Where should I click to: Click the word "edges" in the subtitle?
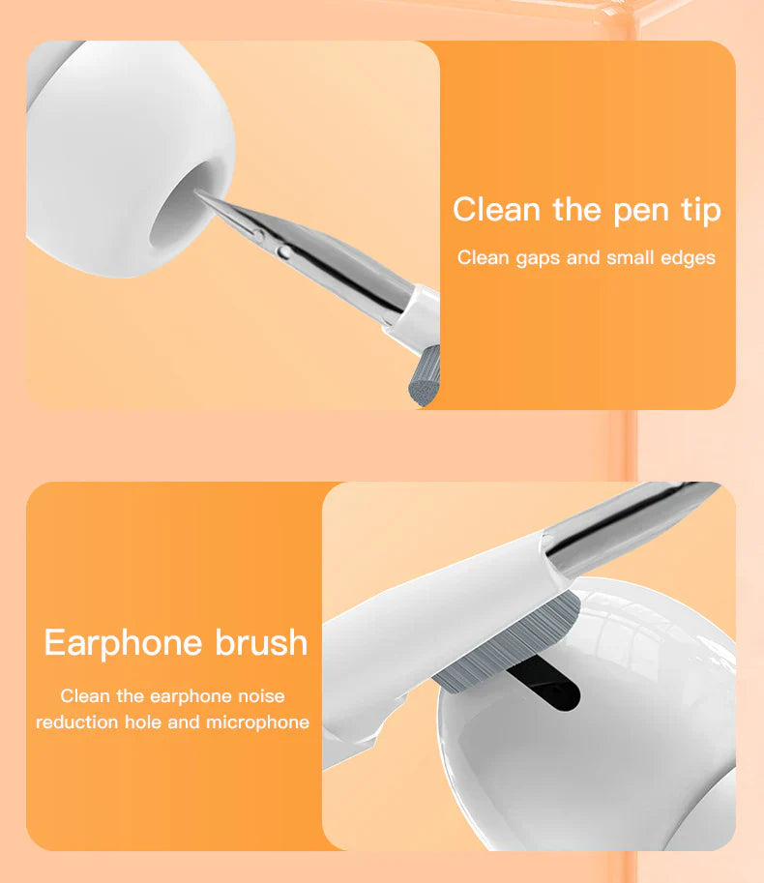pyautogui.click(x=688, y=258)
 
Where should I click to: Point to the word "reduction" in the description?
pyautogui.click(x=75, y=722)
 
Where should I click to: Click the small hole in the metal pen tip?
pyautogui.click(x=283, y=252)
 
